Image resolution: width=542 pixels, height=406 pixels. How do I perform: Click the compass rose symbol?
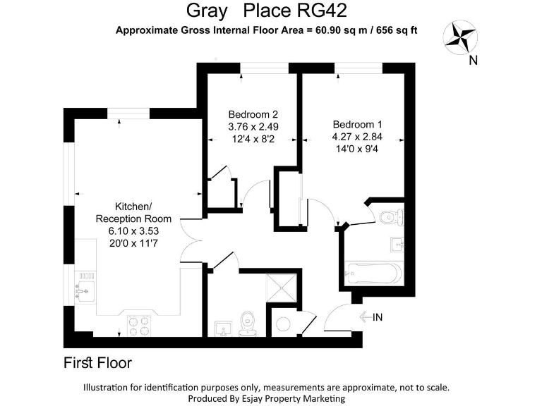459,36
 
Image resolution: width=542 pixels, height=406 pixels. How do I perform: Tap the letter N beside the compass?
475,61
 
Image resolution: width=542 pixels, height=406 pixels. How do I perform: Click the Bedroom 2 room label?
253,114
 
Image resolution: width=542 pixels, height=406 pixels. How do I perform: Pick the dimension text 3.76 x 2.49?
253,127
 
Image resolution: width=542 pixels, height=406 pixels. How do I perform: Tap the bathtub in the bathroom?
372,271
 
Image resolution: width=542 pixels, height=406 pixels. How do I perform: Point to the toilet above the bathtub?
389,217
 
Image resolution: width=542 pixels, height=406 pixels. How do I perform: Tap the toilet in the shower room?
246,323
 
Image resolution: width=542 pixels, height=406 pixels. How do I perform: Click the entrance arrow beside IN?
366,317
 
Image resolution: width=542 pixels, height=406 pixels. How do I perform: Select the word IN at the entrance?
378,317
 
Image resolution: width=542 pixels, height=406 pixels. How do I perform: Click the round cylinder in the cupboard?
282,324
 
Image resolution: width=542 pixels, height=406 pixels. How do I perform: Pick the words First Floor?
97,364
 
